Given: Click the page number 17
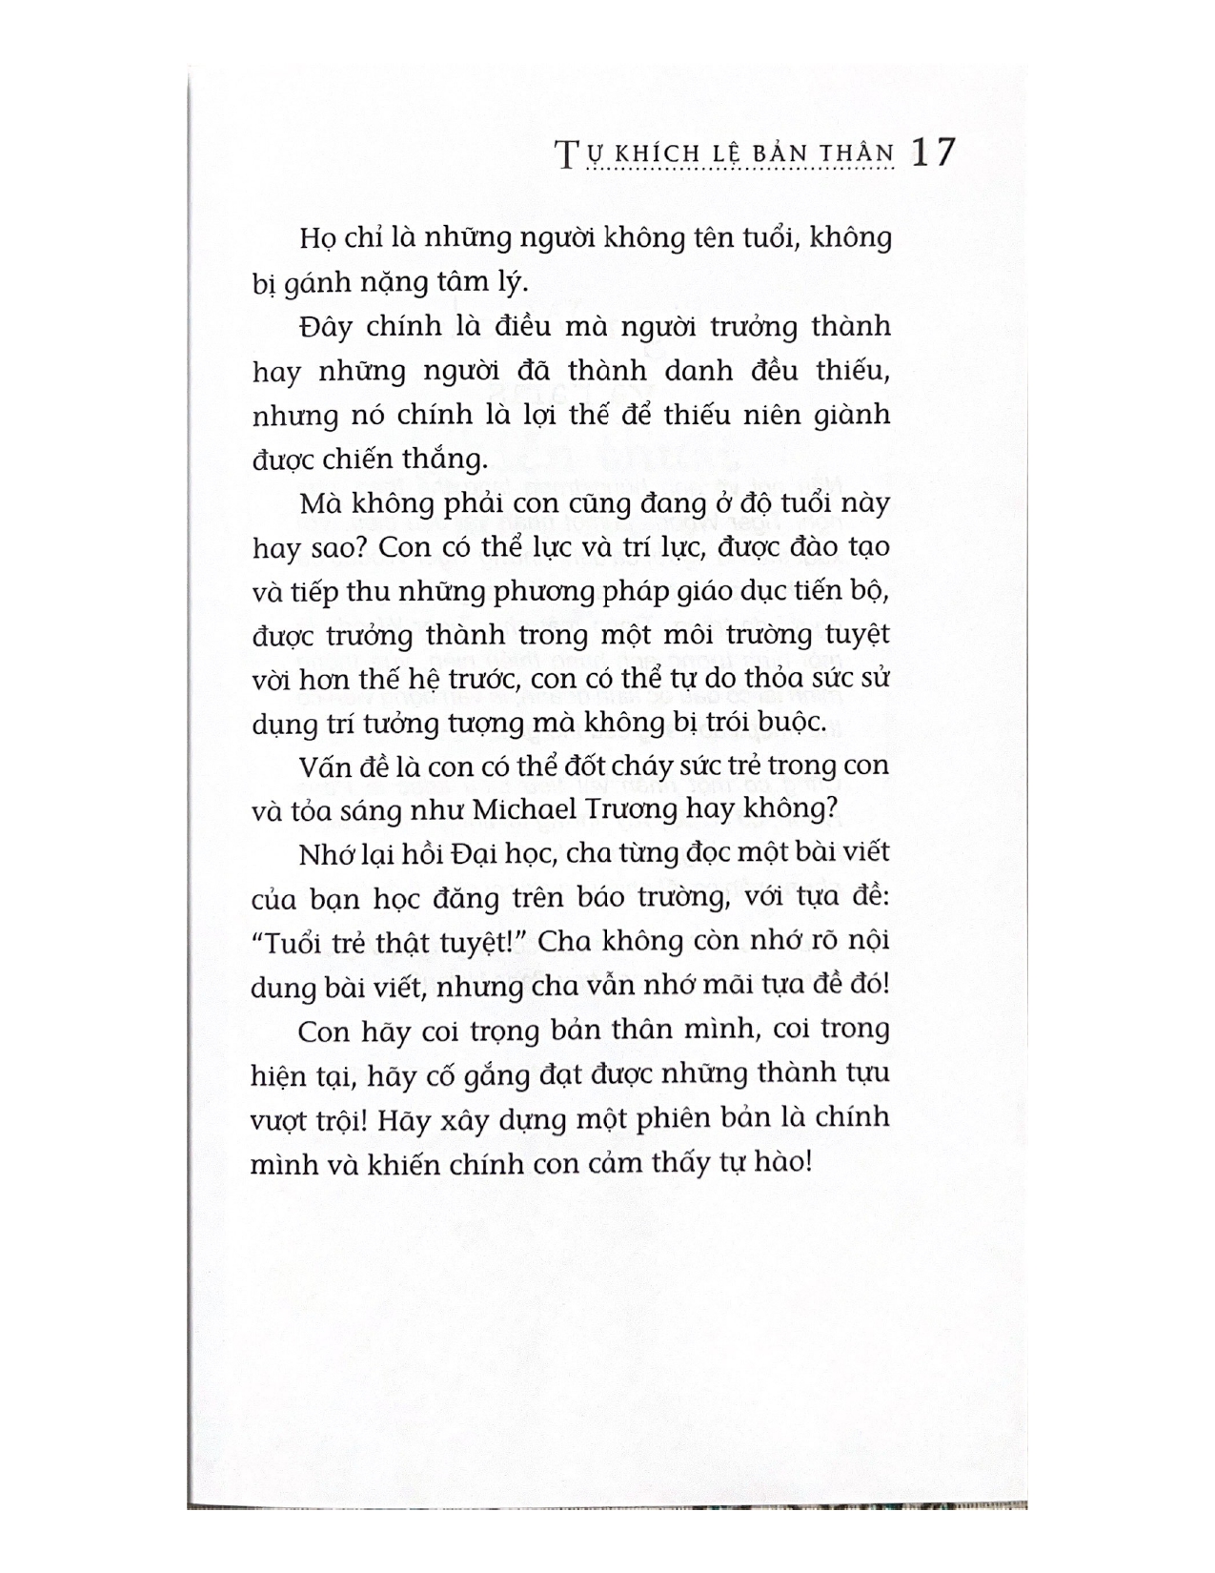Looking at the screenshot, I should (x=931, y=153).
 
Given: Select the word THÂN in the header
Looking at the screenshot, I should (x=860, y=154).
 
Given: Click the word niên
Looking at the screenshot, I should (x=752, y=415).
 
